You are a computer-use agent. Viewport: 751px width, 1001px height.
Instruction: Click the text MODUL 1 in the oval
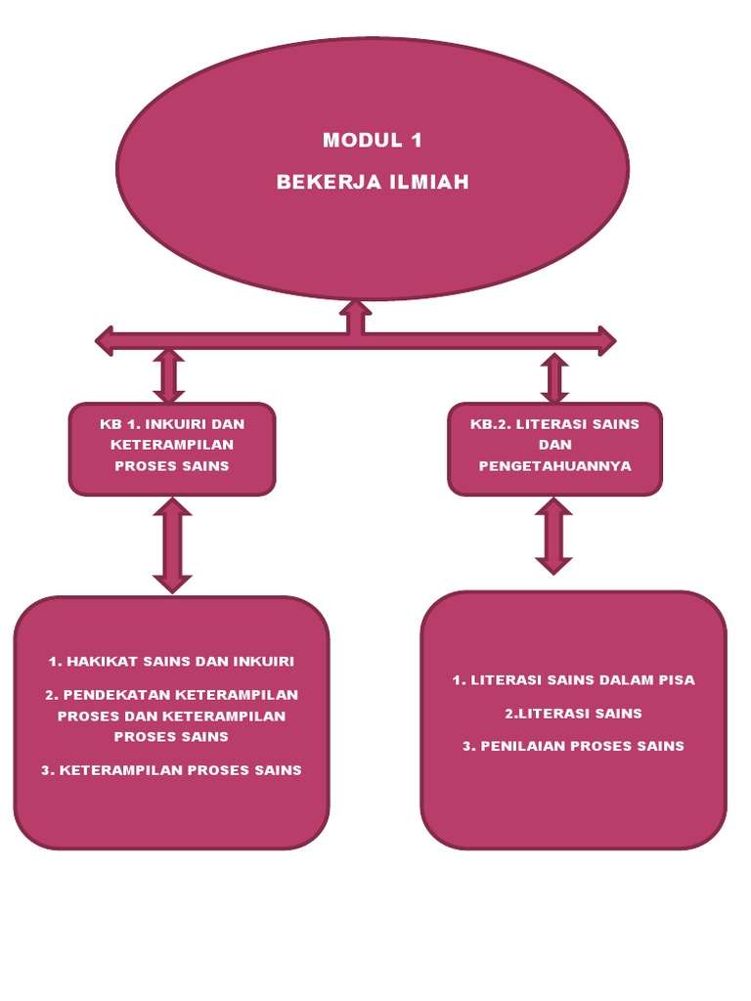pyautogui.click(x=373, y=140)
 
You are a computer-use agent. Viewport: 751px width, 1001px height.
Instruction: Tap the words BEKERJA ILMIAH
pyautogui.click(x=373, y=182)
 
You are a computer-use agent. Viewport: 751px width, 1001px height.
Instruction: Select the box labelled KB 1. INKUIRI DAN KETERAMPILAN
pyautogui.click(x=172, y=447)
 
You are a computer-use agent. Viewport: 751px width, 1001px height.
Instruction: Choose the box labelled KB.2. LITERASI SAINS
pyautogui.click(x=554, y=447)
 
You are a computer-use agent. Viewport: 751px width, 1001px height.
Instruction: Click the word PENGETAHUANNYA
pyautogui.click(x=554, y=466)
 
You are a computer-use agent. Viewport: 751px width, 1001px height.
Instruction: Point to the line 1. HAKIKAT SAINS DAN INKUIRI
pyautogui.click(x=171, y=662)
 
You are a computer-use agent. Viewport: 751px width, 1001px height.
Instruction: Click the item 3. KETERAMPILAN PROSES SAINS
pyautogui.click(x=171, y=770)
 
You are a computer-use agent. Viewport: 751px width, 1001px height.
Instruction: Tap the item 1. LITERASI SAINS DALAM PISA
pyautogui.click(x=573, y=680)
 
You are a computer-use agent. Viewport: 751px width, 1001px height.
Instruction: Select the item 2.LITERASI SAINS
pyautogui.click(x=573, y=714)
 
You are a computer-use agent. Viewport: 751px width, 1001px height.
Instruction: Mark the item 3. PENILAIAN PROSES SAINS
pyautogui.click(x=573, y=746)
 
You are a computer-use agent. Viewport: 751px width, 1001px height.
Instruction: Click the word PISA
pyautogui.click(x=675, y=680)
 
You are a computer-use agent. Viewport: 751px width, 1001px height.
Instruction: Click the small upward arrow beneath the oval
pyautogui.click(x=355, y=315)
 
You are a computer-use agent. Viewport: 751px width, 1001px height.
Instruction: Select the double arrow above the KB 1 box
pyautogui.click(x=169, y=375)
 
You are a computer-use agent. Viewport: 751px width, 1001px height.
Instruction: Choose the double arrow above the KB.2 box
pyautogui.click(x=554, y=378)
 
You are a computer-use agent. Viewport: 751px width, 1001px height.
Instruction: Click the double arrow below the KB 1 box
pyautogui.click(x=172, y=545)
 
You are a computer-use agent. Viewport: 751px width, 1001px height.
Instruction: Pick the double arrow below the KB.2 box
pyautogui.click(x=553, y=536)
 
